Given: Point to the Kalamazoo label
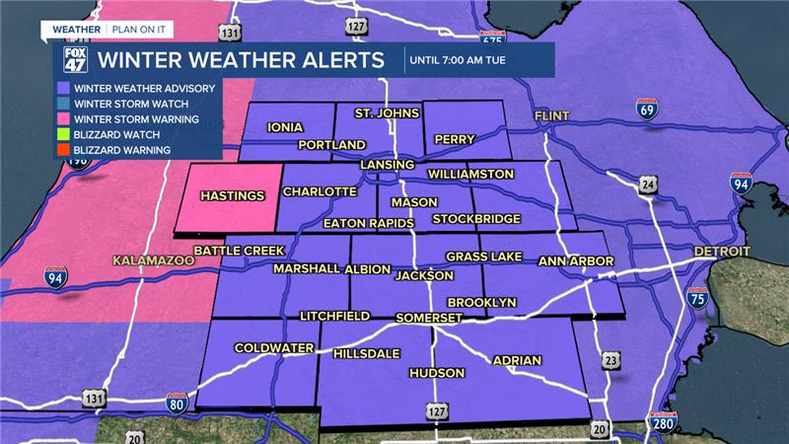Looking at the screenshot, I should point(151,261).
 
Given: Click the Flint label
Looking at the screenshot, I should point(552,116).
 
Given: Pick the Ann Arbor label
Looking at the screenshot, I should point(576,261).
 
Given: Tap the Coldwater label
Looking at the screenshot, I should point(273,348).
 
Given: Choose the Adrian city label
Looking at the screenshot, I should point(517,360).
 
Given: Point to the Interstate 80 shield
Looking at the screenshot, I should point(178,403).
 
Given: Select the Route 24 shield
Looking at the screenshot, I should point(646,185).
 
